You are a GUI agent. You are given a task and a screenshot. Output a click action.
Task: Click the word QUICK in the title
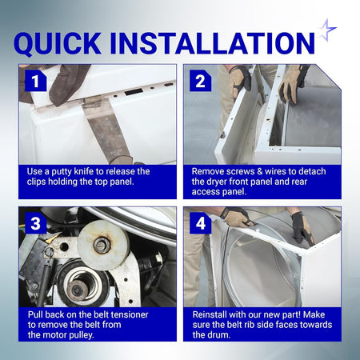coord(58,44)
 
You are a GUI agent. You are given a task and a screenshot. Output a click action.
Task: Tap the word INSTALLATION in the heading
coord(212,43)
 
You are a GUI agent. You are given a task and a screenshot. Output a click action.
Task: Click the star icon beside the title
coord(327,30)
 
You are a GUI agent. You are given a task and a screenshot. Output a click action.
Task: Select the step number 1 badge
coord(35,81)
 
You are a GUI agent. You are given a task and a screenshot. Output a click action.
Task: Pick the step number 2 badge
coord(200,81)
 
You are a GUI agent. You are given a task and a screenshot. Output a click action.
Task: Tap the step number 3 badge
coord(35,223)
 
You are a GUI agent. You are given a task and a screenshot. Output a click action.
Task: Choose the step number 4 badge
coord(200,223)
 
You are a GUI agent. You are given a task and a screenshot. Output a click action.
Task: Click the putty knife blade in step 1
coord(106,128)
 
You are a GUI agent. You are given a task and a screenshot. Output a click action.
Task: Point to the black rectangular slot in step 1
coord(134,92)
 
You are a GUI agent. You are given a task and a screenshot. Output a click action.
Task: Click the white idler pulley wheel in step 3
coord(103,244)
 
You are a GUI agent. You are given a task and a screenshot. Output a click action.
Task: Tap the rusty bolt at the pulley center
coord(102,243)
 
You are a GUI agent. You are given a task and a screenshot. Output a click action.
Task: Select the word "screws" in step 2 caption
coord(238,171)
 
